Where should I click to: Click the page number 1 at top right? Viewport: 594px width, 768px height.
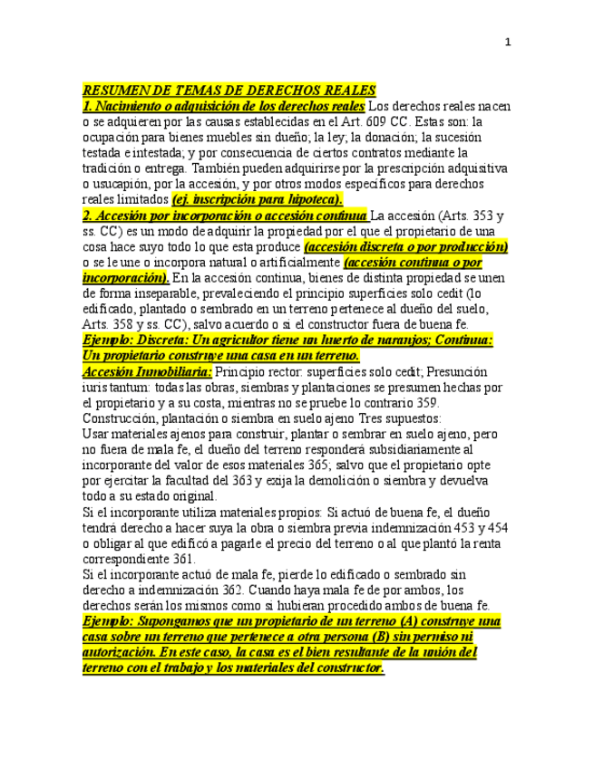click(x=508, y=42)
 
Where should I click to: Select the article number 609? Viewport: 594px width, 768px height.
click(x=384, y=120)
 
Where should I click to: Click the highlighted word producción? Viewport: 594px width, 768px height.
click(x=469, y=246)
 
